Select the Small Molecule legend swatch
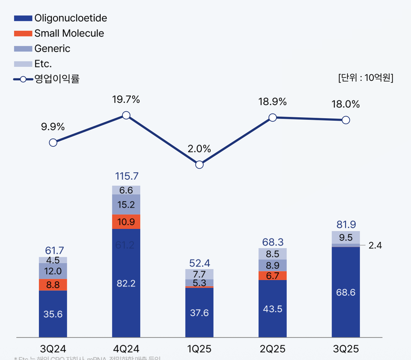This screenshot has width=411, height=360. tap(23, 33)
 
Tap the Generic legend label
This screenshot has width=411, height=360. tap(52, 49)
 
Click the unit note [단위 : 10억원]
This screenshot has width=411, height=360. tap(365, 78)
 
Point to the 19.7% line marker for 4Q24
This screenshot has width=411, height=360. tap(126, 115)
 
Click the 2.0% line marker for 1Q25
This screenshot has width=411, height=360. tap(199, 165)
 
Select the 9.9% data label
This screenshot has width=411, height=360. tap(53, 127)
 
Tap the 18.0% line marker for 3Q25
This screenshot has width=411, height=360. tap(345, 120)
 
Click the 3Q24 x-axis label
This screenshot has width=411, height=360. tap(53, 349)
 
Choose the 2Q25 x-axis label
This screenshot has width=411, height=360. tap(272, 349)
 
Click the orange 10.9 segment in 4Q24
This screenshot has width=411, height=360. tap(126, 222)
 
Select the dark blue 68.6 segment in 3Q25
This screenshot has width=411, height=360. tap(345, 292)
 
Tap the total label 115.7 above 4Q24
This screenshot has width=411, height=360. tap(126, 176)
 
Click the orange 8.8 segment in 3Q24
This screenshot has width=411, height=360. tap(53, 285)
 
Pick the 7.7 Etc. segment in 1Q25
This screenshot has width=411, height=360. tap(199, 274)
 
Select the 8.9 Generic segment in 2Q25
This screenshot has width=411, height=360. tap(272, 265)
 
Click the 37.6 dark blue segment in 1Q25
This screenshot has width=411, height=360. tap(199, 313)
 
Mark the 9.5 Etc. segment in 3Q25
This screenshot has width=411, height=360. tap(345, 237)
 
